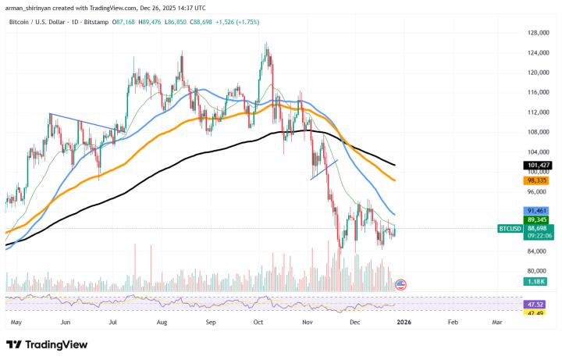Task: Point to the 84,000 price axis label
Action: (x=535, y=251)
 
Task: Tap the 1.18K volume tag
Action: (x=535, y=280)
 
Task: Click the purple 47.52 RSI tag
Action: (x=537, y=304)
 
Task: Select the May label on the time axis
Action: (x=15, y=321)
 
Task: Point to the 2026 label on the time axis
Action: (x=404, y=321)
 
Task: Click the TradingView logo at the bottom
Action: (x=47, y=344)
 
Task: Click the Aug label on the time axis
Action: (x=162, y=321)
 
